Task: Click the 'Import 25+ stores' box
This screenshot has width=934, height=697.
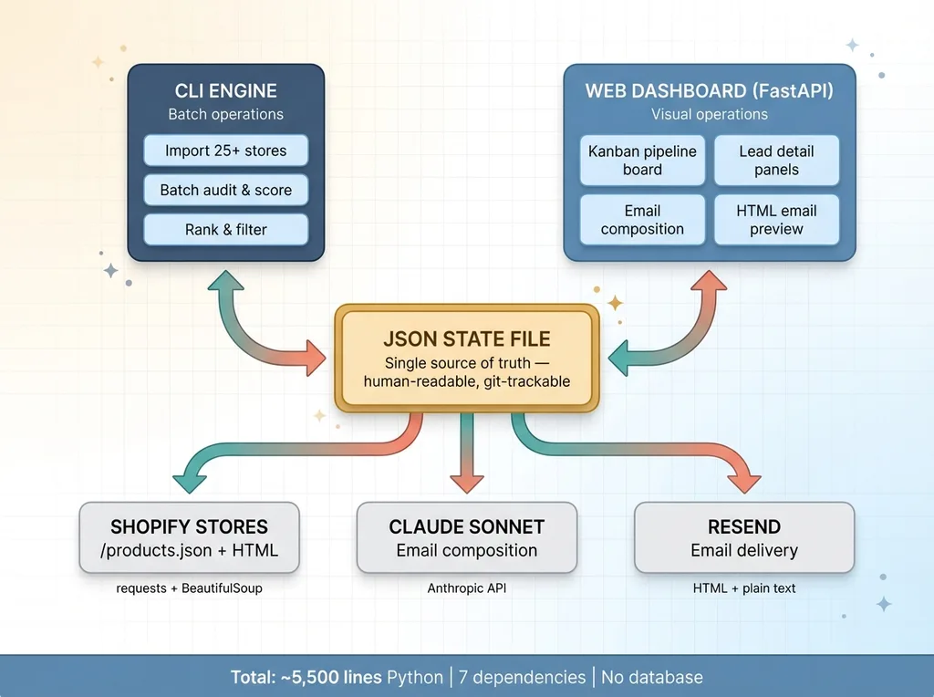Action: tap(226, 151)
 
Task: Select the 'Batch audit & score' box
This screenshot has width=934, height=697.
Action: tap(226, 190)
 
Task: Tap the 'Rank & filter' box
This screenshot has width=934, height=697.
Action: tap(226, 229)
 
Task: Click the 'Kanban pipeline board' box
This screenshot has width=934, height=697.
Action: tap(642, 161)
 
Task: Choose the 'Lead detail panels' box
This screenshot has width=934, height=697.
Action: tap(776, 161)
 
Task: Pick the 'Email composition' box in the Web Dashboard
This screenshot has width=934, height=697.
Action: tap(642, 220)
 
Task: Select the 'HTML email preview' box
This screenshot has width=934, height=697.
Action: tap(776, 220)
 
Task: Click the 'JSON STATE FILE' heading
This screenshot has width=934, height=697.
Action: tap(467, 339)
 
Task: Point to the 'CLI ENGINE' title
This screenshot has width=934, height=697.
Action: tap(226, 91)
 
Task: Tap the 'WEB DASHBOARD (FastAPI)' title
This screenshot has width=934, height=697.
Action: tap(709, 91)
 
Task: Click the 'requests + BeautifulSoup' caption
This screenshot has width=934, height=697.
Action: tap(189, 588)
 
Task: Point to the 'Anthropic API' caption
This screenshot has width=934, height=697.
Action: tap(467, 588)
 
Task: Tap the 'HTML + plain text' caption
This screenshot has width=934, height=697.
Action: tap(744, 588)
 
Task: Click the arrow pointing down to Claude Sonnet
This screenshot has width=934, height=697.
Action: tap(467, 456)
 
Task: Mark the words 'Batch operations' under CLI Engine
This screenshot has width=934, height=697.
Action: tap(226, 115)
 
